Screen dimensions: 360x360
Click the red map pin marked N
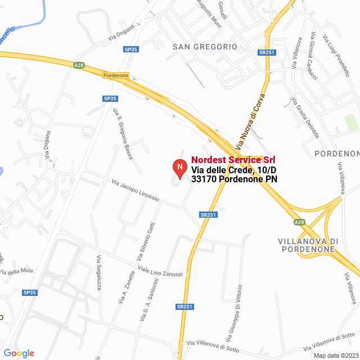[x=179, y=168]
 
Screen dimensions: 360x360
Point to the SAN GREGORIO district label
[x=205, y=47]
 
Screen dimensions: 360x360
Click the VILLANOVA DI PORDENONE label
[x=308, y=245]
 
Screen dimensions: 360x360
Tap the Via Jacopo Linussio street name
[x=136, y=191]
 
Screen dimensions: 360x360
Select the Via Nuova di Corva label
[x=250, y=121]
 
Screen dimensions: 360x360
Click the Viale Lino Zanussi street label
[x=161, y=270]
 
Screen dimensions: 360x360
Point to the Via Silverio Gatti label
[x=144, y=242]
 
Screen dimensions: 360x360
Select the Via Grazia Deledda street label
[x=305, y=118]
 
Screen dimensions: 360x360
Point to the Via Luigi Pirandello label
[x=337, y=56]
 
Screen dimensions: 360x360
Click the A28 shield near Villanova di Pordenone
[x=299, y=222]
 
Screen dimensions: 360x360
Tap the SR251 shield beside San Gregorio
[x=267, y=52]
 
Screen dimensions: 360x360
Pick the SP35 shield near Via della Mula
[x=29, y=292]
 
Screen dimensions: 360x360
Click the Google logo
[x=19, y=353]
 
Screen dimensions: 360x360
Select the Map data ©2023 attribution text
[x=336, y=355]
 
